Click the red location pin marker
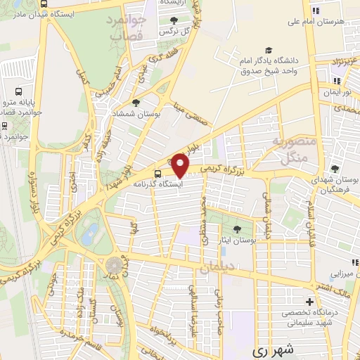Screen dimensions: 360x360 coord(181,165)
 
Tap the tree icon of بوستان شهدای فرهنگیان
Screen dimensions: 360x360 coord(334,169)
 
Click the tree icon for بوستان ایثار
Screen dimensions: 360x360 coord(237,229)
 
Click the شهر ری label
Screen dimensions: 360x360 coord(270,349)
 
